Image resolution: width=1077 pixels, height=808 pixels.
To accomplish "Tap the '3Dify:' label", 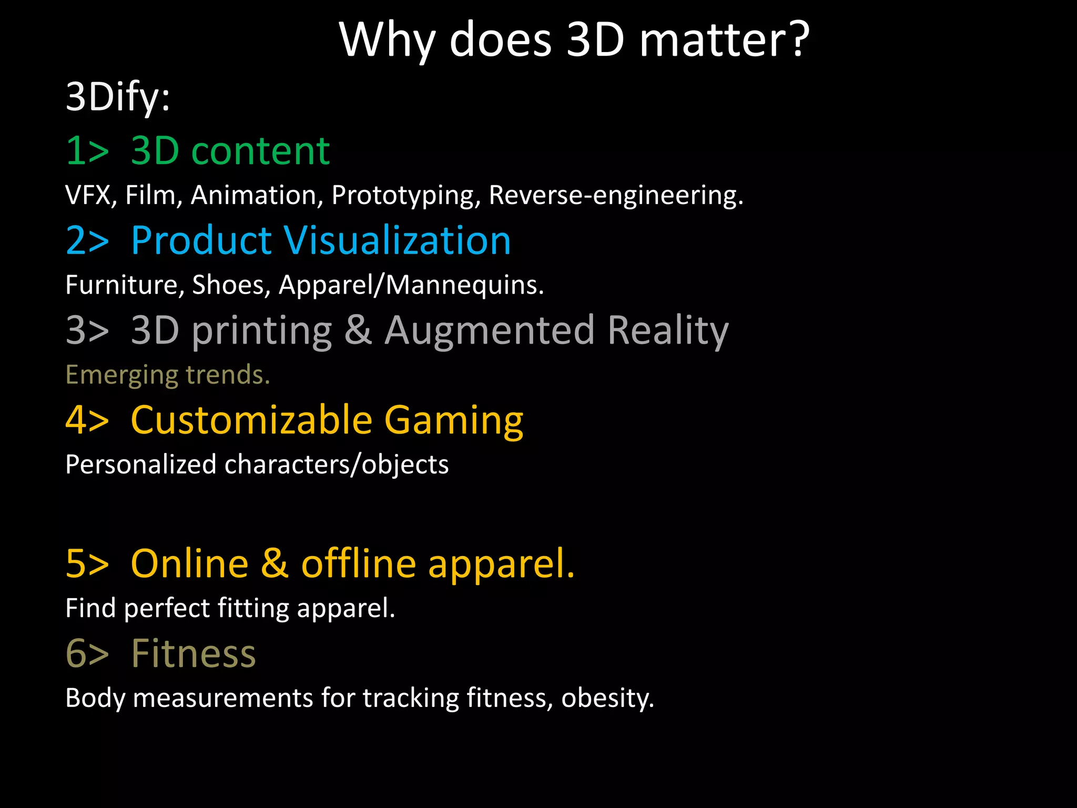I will (118, 97).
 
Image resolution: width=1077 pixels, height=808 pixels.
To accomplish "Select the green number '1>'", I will (87, 151).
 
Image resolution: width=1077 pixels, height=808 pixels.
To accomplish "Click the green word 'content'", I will (260, 151).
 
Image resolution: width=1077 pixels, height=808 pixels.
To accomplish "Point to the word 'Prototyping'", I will (406, 196).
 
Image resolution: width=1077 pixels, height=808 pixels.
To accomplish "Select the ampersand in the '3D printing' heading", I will (358, 330).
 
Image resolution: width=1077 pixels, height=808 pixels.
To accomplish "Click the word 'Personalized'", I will (141, 465).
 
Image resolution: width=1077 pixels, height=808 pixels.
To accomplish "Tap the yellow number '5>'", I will (87, 564).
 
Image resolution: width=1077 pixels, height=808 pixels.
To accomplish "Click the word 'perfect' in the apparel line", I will (167, 609).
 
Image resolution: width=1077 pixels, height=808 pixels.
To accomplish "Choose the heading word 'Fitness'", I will (194, 653).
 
